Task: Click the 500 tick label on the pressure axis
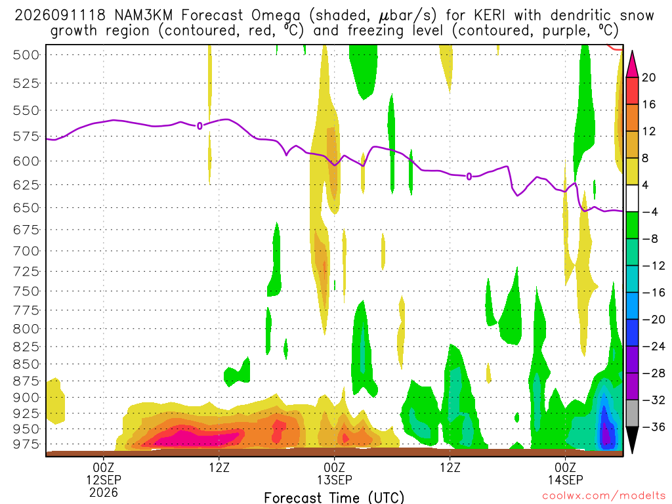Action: pos(26,55)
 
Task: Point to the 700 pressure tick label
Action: pos(26,251)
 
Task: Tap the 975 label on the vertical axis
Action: pos(26,444)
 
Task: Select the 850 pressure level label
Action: pos(26,364)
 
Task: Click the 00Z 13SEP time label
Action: pos(334,473)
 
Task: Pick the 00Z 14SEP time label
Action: pos(565,473)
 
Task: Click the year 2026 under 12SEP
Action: pos(104,492)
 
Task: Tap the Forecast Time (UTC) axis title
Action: pos(334,497)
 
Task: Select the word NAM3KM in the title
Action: pos(143,16)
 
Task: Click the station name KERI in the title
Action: pos(490,16)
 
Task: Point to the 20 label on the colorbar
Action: pos(648,77)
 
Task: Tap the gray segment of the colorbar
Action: pos(632,413)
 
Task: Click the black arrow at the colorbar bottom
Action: pos(632,439)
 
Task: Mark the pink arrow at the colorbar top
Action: pos(632,65)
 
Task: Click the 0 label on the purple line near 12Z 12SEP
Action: pos(199,126)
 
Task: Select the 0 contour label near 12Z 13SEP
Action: pos(469,177)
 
